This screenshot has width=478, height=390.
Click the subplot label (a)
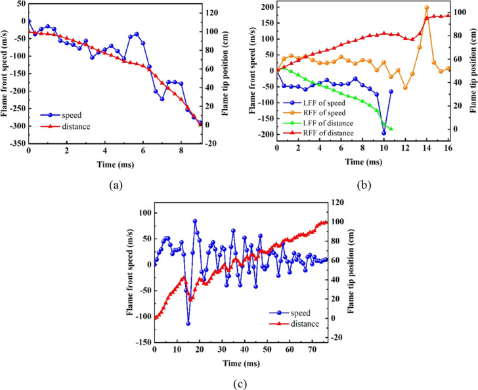[116, 185]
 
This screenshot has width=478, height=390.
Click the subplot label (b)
[363, 185]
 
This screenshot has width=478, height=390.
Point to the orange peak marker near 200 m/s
[427, 8]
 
